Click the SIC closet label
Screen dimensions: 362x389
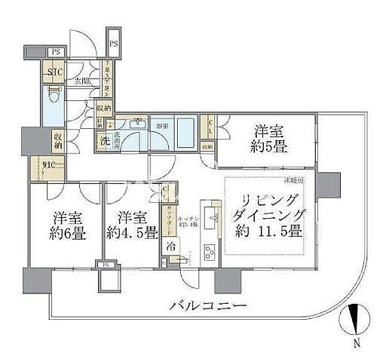pyautogui.click(x=54, y=73)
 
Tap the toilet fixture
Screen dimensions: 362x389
pyautogui.click(x=53, y=98)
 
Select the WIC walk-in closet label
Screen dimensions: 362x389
pyautogui.click(x=38, y=167)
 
